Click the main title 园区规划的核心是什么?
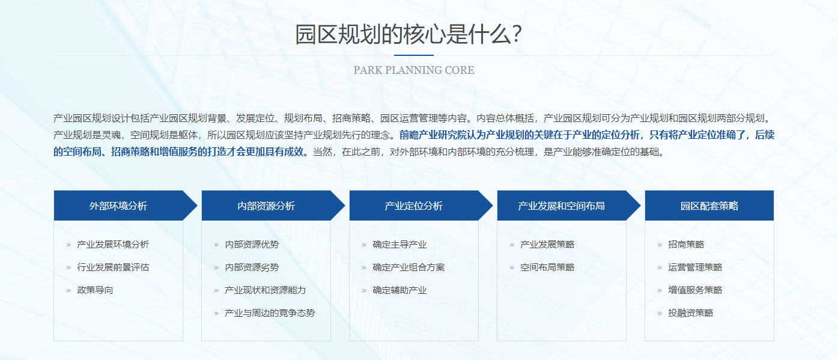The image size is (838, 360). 408,34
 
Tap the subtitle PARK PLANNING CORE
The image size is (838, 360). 414,70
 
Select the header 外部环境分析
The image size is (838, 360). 118,206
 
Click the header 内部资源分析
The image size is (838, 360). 266,206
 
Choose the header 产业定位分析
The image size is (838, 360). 414,206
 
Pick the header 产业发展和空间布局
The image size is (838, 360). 562,206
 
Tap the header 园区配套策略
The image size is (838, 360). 709,206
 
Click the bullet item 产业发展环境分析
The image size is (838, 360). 113,245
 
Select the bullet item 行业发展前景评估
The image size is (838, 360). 113,267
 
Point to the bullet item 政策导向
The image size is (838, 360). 95,290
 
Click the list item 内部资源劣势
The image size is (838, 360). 252,267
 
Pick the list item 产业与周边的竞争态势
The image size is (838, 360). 270,313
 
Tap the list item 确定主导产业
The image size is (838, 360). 399,245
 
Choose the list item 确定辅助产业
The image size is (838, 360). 399,290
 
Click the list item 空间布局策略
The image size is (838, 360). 547,267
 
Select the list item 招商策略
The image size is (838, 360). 686,245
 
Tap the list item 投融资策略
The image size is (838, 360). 691,313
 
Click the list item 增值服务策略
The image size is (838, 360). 695,290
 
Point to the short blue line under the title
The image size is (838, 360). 414,55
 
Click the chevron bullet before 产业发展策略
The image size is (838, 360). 512,245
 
